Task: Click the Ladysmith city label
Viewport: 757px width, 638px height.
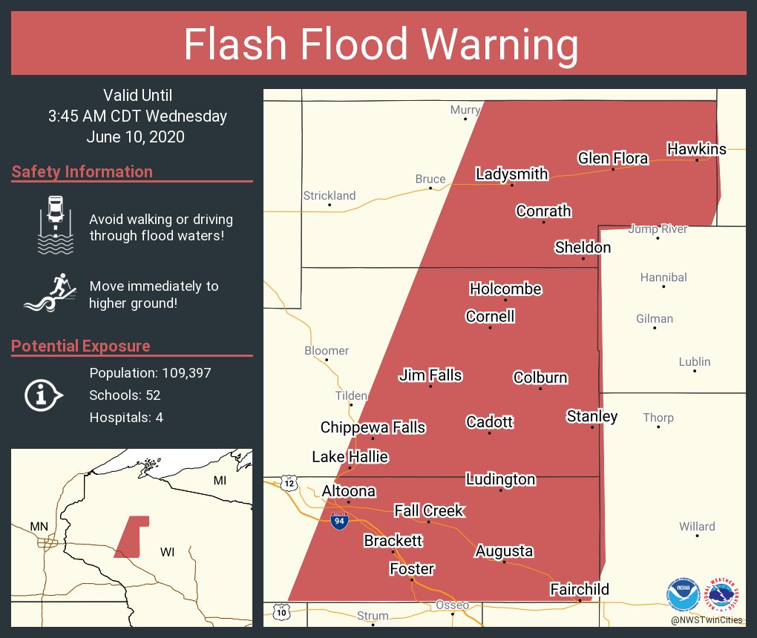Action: coord(511,174)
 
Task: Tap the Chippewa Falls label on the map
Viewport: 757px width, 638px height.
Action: coord(373,427)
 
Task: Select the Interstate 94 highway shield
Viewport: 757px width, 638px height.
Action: coord(338,521)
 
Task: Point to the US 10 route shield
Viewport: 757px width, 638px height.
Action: coord(281,612)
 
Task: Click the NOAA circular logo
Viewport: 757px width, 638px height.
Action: coord(683,594)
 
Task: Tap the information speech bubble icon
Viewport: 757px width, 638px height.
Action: coord(44,395)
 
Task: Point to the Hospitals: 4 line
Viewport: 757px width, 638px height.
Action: coord(126,417)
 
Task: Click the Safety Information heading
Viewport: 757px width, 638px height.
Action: coord(82,172)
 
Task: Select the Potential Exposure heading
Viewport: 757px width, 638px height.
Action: coord(81,346)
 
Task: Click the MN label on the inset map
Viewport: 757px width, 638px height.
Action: coord(39,527)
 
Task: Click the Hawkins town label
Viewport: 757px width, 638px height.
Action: coord(696,149)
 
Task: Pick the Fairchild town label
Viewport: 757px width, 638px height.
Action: coord(579,589)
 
